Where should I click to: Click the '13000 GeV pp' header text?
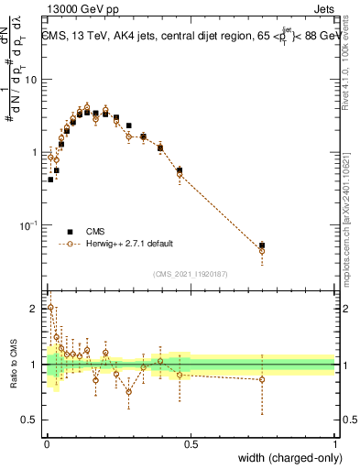point(82,7)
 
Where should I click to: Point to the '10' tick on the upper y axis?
point(31,79)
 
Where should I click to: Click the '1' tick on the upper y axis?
point(35,152)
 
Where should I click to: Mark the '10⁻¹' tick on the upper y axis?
point(29,224)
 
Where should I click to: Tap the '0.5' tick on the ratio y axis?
point(30,422)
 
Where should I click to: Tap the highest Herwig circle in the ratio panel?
point(50,308)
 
